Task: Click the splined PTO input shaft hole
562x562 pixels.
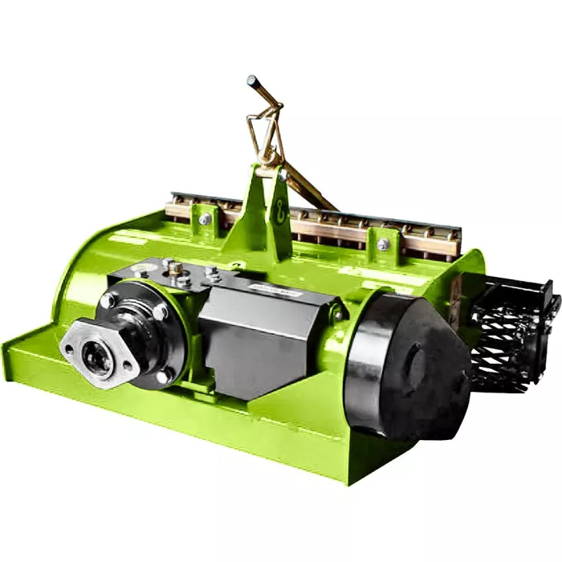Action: point(98,360)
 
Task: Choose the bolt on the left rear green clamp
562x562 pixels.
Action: point(206,218)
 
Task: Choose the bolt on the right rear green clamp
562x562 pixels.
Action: point(384,243)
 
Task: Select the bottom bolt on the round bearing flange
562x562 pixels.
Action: point(164,376)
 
